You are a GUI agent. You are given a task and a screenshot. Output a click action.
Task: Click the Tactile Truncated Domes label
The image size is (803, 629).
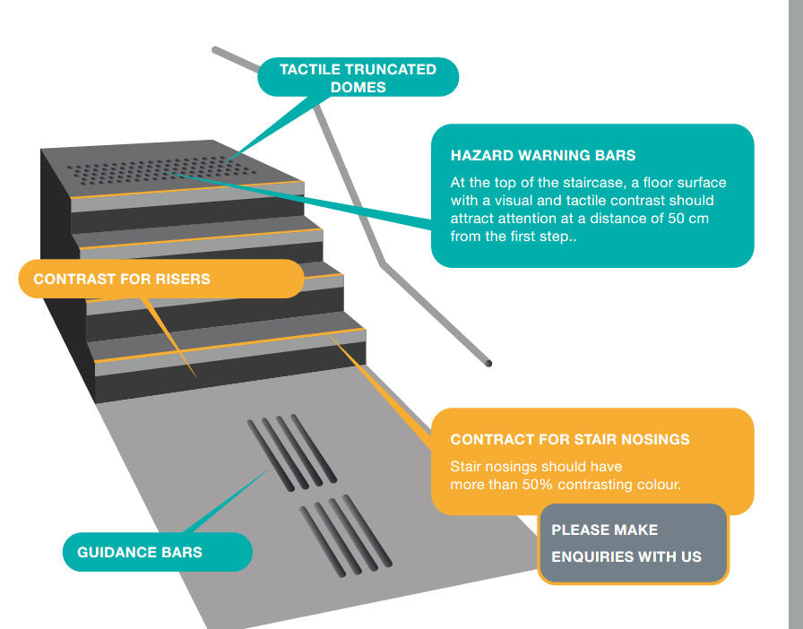click(358, 78)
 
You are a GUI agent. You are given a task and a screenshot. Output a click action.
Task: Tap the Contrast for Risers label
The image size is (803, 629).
click(122, 280)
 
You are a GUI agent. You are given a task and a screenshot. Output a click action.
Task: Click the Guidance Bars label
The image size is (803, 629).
click(140, 552)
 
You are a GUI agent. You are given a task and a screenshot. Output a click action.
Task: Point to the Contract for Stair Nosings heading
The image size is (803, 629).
click(570, 440)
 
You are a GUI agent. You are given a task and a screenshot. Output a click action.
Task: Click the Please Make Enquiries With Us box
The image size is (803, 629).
click(633, 544)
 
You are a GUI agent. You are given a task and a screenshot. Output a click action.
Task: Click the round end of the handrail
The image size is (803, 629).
click(488, 363)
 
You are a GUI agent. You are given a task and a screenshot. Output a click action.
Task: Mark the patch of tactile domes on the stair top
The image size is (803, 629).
click(161, 168)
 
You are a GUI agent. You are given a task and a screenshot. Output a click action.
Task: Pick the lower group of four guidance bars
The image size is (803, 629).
click(346, 535)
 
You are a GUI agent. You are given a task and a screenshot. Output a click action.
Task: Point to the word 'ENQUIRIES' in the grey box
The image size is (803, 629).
click(588, 556)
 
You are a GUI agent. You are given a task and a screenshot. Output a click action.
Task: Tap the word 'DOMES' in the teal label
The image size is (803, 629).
click(358, 87)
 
